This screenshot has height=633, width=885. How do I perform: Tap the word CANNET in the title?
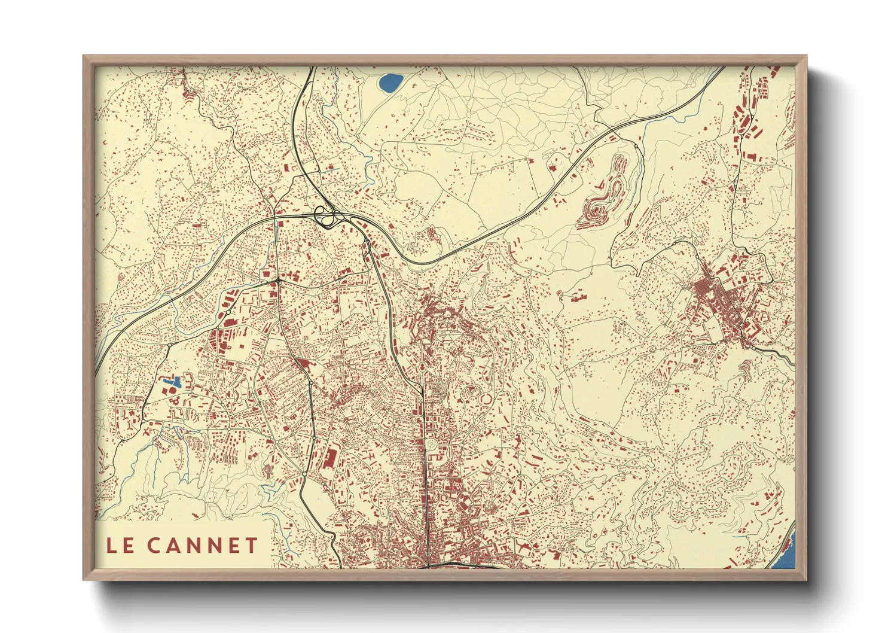(x=202, y=545)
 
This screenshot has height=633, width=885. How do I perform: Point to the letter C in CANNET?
(x=154, y=545)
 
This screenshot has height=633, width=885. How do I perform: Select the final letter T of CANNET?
(x=251, y=545)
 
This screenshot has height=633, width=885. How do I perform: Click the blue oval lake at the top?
(x=390, y=83)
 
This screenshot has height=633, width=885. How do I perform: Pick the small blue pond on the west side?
(x=172, y=381)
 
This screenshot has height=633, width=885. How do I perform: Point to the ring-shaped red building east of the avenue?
(x=486, y=398)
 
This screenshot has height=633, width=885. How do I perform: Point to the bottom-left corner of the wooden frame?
(x=84, y=580)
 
